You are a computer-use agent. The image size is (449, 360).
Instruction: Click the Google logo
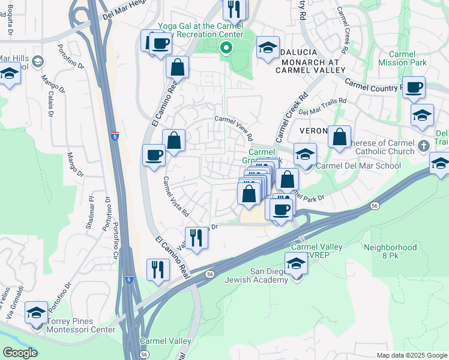pos(20,353)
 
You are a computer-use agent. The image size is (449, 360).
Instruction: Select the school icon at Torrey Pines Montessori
pos(37,313)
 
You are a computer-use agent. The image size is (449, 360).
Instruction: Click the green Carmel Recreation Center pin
pos(226,48)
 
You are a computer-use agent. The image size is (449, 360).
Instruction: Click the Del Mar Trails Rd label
pos(322,107)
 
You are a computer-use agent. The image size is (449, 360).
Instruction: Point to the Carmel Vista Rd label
pos(176,196)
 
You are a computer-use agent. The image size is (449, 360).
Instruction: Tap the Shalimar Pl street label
pos(92,206)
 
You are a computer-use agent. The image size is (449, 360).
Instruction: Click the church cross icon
pos(424,145)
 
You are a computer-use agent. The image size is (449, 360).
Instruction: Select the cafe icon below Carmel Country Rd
pos(414,88)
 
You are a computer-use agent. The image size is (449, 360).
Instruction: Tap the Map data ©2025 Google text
pos(411,355)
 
